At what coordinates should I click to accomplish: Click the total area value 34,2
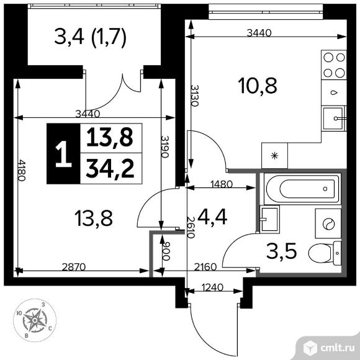111,168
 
